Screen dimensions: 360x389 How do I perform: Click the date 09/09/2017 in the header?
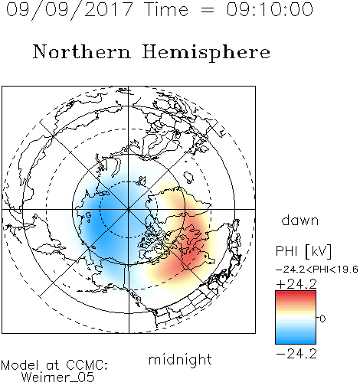coord(70,9)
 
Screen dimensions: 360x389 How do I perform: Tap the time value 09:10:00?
coord(270,9)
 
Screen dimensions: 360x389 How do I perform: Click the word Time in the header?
coord(166,9)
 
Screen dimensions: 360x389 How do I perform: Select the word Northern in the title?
coord(82,51)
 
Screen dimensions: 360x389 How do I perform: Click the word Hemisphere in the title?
coord(206,53)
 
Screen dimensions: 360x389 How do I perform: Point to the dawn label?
coord(300,221)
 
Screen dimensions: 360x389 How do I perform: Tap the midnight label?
coord(180,360)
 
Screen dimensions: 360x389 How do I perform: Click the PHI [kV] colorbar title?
coord(303,251)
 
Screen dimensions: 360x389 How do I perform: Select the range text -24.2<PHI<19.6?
coord(317,270)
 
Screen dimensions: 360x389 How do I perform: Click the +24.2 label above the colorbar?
coord(296,284)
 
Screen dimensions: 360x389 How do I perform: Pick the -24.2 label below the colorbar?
coord(296,354)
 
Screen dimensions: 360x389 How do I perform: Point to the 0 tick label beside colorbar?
coord(322,319)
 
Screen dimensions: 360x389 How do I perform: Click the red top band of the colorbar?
coord(296,293)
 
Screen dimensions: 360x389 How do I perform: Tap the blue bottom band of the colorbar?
coord(296,341)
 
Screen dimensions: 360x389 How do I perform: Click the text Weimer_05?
coord(58,378)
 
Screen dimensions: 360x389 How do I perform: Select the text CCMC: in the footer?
coord(87,365)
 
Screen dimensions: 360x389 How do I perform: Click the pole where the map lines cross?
coord(129,209)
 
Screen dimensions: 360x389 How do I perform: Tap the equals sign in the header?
coord(208,10)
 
